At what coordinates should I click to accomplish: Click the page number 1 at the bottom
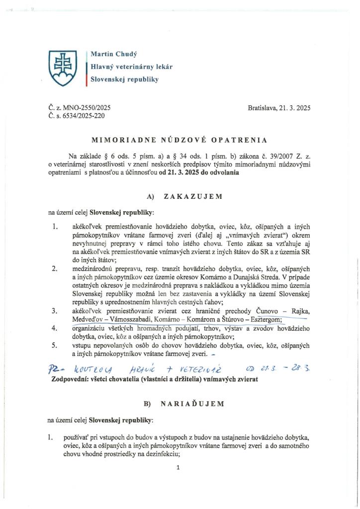[x=178, y=467]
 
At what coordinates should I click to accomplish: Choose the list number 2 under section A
[x=54, y=269]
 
